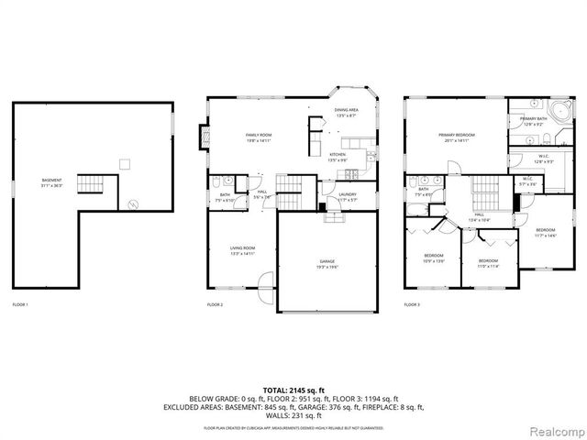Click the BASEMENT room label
pyautogui.click(x=52, y=181)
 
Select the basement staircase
pyautogui.click(x=90, y=184)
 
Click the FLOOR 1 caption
pyautogui.click(x=20, y=303)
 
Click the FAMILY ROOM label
pyautogui.click(x=259, y=137)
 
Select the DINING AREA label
pyautogui.click(x=346, y=113)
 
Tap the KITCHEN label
pyautogui.click(x=338, y=158)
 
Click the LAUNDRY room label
pyautogui.click(x=347, y=196)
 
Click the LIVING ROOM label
pyautogui.click(x=242, y=250)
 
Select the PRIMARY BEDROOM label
pyautogui.click(x=456, y=137)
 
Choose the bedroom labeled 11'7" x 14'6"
pyautogui.click(x=545, y=231)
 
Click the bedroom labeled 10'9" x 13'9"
pyautogui.click(x=434, y=257)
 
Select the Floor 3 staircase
pyautogui.click(x=483, y=196)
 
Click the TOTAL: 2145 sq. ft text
pyautogui.click(x=293, y=389)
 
